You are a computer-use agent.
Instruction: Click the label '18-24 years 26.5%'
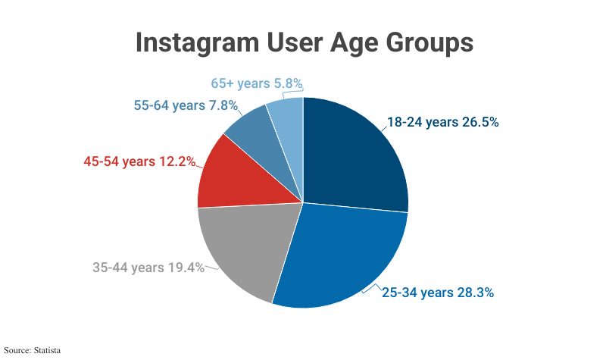coord(443,122)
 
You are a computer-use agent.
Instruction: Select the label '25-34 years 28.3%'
coord(438,293)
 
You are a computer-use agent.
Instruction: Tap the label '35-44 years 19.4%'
coord(148,268)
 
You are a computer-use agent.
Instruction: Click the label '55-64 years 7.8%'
coord(186,105)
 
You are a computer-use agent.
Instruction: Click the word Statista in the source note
coord(45,351)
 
